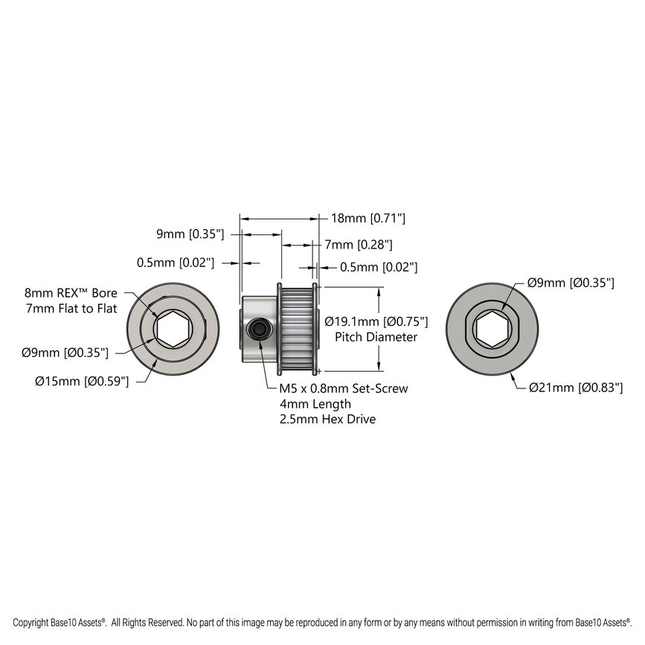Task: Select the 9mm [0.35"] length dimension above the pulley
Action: [x=190, y=234]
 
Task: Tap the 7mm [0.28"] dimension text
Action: [x=359, y=244]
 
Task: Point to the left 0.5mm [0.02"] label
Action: [x=176, y=263]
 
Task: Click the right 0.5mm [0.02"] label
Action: [x=379, y=267]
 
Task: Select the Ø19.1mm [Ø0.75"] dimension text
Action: [x=376, y=321]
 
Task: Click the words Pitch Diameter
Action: [x=376, y=337]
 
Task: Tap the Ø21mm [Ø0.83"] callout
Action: [x=575, y=387]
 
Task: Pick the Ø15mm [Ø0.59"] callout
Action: [x=82, y=381]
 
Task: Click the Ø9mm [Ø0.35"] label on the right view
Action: [x=571, y=283]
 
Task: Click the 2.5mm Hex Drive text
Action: [x=327, y=419]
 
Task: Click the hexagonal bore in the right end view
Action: [x=492, y=329]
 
